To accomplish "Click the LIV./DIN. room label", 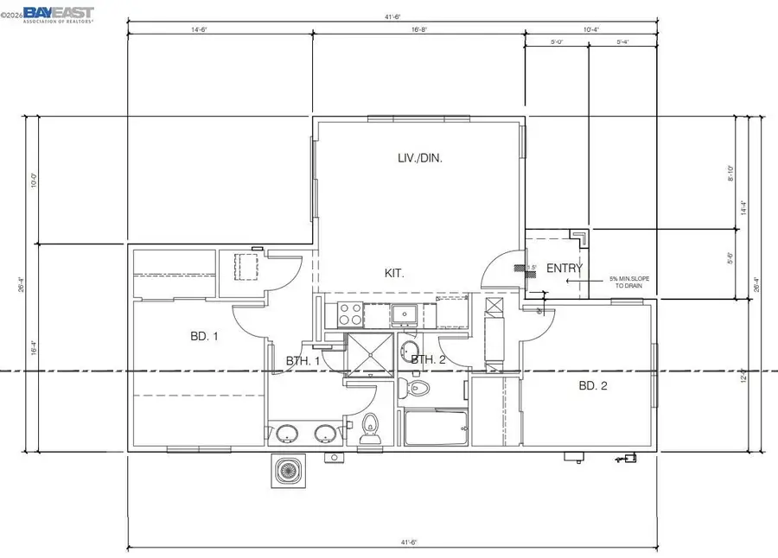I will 419,158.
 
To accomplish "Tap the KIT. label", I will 394,273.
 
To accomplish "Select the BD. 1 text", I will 204,336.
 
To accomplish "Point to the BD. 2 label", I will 592,386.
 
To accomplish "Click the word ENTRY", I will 564,269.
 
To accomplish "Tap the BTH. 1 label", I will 303,360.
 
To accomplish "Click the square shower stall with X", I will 370,356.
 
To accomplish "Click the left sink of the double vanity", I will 285,433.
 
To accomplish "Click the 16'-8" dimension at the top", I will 420,29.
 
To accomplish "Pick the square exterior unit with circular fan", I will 288,471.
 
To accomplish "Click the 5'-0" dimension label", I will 558,41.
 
